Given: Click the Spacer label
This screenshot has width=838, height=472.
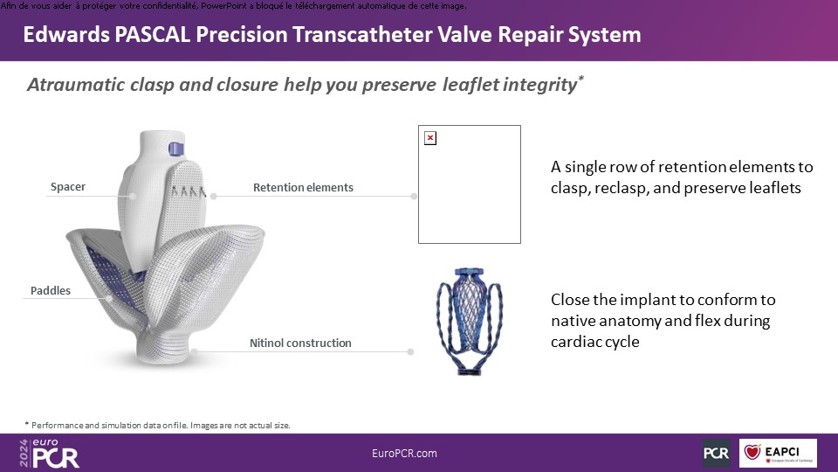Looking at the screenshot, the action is click(68, 187).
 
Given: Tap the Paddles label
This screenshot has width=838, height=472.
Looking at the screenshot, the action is click(51, 290).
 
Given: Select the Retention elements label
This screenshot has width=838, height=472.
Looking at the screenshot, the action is click(303, 187).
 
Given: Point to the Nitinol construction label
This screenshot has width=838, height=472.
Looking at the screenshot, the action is click(300, 343).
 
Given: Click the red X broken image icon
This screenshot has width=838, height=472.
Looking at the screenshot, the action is click(430, 138).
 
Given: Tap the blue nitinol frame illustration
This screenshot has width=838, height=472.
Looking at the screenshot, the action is click(470, 321).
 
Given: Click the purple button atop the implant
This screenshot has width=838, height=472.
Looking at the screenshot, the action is click(176, 149).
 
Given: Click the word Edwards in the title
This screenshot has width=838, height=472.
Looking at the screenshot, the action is click(66, 35).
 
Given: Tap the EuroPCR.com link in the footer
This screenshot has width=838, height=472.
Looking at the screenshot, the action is click(404, 454).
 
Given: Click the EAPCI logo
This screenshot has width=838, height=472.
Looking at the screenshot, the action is click(778, 453).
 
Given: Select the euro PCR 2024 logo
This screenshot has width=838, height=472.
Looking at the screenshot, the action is click(49, 454).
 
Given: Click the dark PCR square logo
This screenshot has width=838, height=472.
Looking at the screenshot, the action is click(716, 453).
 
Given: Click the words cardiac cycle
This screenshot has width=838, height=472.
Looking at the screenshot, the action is click(594, 342).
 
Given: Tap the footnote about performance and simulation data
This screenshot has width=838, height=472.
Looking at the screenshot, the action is click(158, 426).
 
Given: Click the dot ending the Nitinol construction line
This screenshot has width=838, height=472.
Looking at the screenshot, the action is click(410, 351).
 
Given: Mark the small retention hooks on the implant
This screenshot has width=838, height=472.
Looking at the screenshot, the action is click(189, 191).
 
